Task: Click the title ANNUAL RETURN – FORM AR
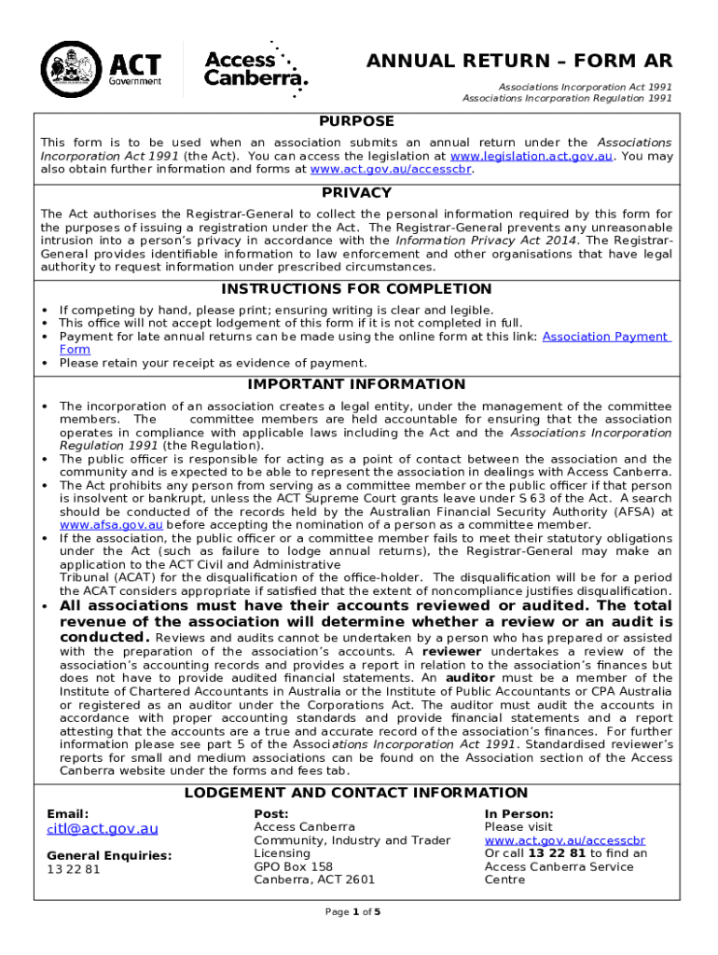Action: [x=518, y=62]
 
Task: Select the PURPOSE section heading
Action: [x=356, y=121]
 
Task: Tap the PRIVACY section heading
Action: [x=356, y=193]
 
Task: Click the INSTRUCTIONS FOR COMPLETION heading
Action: [x=356, y=289]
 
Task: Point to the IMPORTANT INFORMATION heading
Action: [x=356, y=384]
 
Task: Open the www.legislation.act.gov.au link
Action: [x=531, y=157]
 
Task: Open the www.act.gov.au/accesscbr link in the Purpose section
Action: [x=391, y=170]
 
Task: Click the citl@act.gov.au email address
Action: [x=103, y=828]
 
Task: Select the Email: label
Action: [x=68, y=813]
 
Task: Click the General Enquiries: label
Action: [x=109, y=855]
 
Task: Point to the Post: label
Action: [x=270, y=813]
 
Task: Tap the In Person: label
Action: [x=518, y=813]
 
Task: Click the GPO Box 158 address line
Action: [x=293, y=866]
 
